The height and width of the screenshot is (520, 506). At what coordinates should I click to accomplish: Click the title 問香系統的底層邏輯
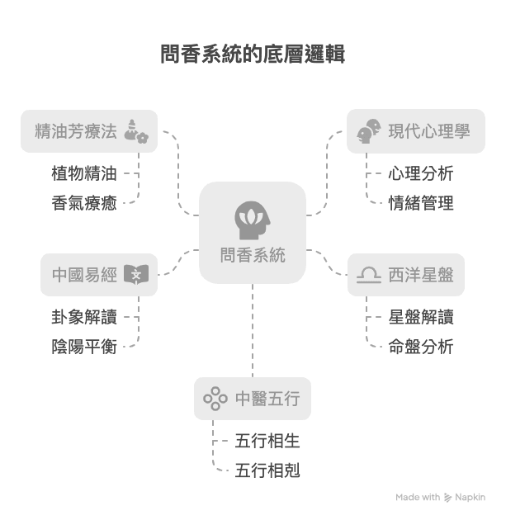[x=253, y=55]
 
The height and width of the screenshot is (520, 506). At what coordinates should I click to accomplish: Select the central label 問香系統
[x=253, y=255]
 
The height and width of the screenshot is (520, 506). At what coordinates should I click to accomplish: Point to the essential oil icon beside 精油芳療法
[x=135, y=130]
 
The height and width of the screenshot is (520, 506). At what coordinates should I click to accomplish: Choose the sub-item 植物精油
[x=84, y=173]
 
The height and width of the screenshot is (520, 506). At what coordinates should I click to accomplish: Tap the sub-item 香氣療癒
[x=84, y=202]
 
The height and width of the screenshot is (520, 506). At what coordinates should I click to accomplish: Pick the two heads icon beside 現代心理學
[x=368, y=130]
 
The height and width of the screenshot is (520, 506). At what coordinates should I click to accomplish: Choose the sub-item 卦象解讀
[x=84, y=317]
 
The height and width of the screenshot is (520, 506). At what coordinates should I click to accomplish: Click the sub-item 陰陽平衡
[x=84, y=346]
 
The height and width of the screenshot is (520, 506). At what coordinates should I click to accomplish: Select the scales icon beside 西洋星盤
[x=368, y=275]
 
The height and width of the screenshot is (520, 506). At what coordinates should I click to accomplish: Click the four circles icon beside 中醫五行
[x=215, y=399]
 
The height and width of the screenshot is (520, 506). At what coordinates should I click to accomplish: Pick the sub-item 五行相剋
[x=267, y=470]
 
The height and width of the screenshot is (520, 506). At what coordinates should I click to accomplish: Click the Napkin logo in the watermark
[x=448, y=498]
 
